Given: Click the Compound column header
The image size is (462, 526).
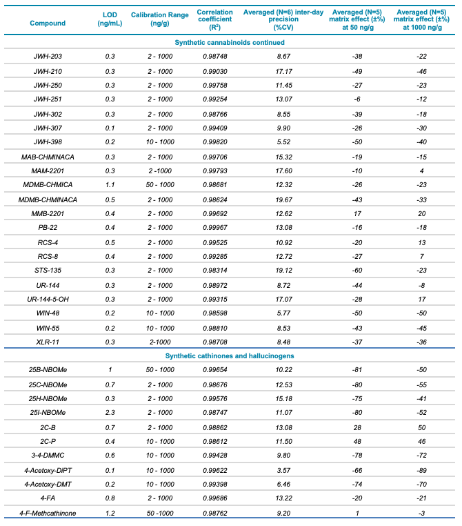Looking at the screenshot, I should (48, 23).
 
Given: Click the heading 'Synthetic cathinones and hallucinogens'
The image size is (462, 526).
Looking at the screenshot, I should (230, 355).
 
